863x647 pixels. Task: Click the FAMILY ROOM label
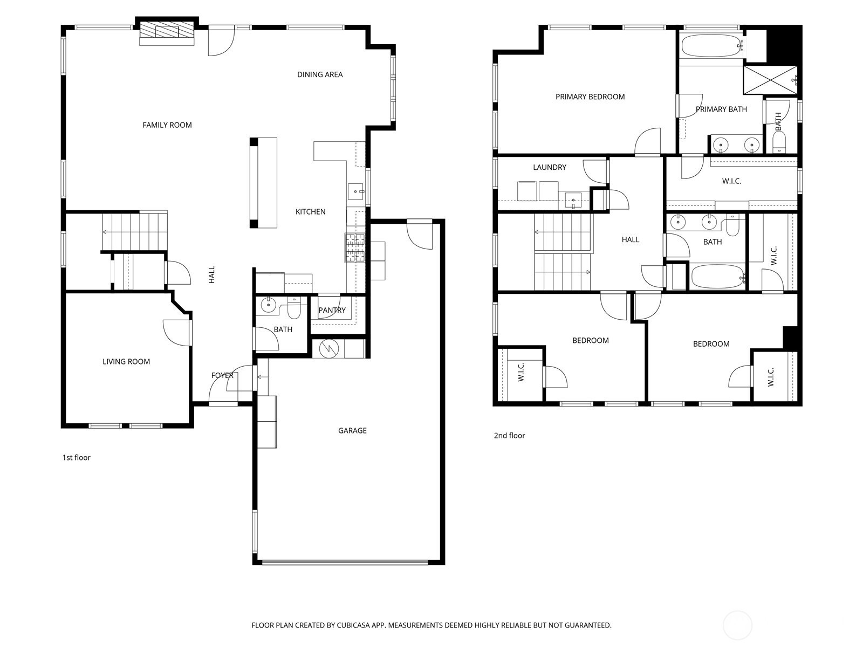pyautogui.click(x=167, y=125)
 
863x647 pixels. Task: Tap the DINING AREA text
pyautogui.click(x=320, y=74)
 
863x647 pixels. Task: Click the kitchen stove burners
pyautogui.click(x=355, y=247)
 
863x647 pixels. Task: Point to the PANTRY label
pyautogui.click(x=332, y=310)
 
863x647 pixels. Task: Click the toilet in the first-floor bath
pyautogui.click(x=294, y=308)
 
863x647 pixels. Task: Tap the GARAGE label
pyautogui.click(x=352, y=431)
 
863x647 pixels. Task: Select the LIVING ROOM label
pyautogui.click(x=126, y=361)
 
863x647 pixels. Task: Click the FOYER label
pyautogui.click(x=222, y=375)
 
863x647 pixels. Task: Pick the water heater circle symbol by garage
pyautogui.click(x=329, y=348)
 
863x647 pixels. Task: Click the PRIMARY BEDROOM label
pyautogui.click(x=590, y=97)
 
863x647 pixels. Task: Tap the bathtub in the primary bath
pyautogui.click(x=711, y=46)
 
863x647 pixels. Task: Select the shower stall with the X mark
pyautogui.click(x=770, y=80)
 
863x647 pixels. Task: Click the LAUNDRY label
pyautogui.click(x=549, y=167)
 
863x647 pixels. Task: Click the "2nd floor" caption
pyautogui.click(x=509, y=435)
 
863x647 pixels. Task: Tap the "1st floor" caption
pyautogui.click(x=76, y=457)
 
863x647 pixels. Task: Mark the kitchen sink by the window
pyautogui.click(x=356, y=192)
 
